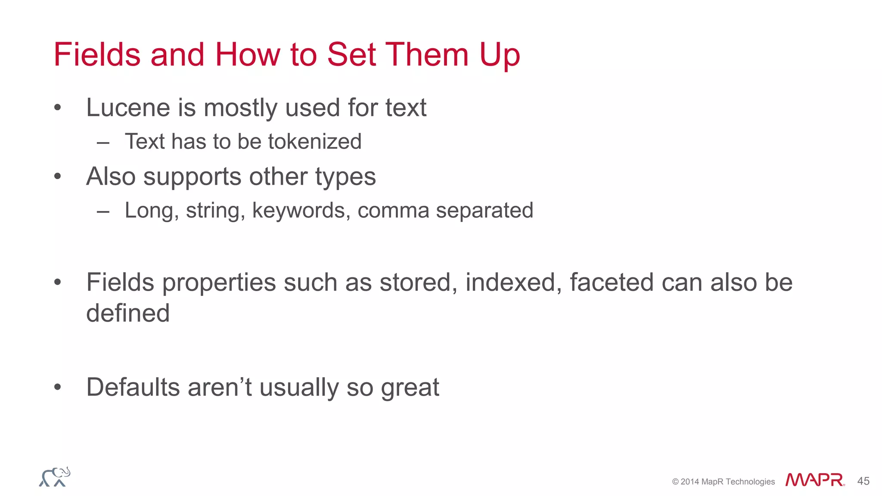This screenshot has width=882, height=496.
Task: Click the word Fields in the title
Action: (x=97, y=55)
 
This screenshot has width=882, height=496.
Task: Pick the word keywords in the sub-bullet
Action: (x=301, y=211)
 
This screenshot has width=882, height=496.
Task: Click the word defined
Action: (x=128, y=313)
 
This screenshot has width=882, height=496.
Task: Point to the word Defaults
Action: (x=133, y=387)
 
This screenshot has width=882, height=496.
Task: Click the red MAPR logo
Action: (x=814, y=480)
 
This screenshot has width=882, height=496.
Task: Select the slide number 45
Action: (x=863, y=481)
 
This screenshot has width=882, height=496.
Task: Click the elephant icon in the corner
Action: (x=55, y=477)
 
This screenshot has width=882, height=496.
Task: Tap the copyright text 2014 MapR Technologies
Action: (x=723, y=482)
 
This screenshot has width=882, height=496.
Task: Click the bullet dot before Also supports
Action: (x=58, y=177)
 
